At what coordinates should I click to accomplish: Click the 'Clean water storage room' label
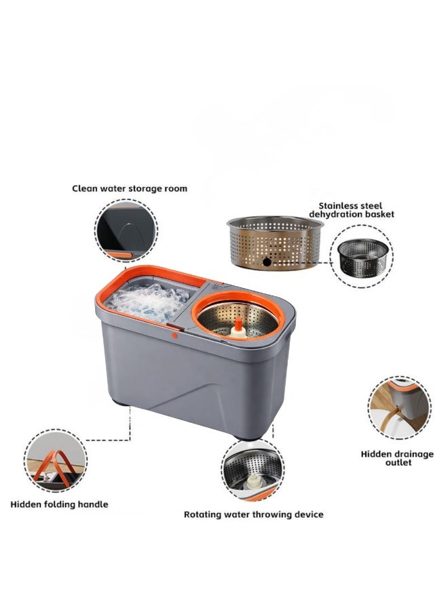[x=130, y=188]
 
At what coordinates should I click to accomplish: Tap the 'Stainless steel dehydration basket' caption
[x=351, y=209]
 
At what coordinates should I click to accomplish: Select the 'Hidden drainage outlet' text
[x=397, y=458]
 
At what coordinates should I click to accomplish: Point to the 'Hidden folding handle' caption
[x=59, y=504]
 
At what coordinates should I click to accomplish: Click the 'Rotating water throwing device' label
[x=253, y=514]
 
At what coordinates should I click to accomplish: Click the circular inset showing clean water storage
[x=126, y=230]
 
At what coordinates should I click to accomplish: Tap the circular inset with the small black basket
[x=365, y=256]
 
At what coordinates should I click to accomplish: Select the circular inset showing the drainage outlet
[x=400, y=408]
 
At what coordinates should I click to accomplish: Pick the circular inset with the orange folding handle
[x=56, y=460]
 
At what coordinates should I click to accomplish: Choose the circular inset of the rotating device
[x=253, y=470]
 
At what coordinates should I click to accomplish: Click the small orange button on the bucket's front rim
[x=175, y=334]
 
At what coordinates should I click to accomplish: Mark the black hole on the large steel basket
[x=266, y=261]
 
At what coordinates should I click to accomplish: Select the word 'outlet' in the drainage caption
[x=396, y=463]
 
